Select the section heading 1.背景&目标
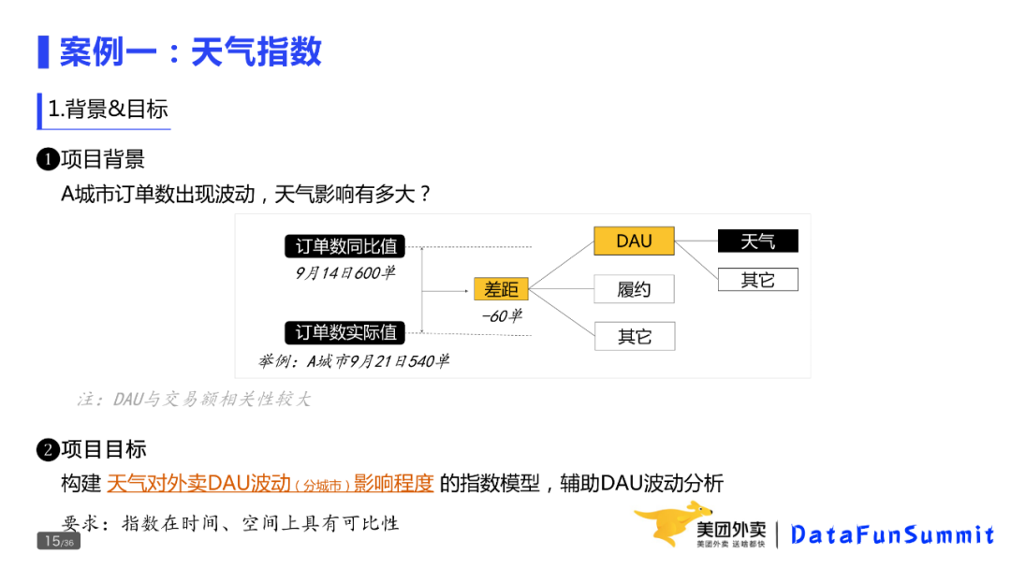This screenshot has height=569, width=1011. tap(108, 109)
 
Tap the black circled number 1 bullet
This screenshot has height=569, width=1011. tap(48, 160)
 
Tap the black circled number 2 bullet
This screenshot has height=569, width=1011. tap(48, 450)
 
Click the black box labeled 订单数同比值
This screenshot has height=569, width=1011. tap(346, 247)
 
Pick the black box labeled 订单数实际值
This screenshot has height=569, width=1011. tap(346, 332)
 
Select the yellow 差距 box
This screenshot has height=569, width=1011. tap(501, 289)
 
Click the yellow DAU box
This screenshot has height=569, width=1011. tap(634, 241)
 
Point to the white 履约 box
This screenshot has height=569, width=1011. tap(634, 289)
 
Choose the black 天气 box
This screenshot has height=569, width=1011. tap(757, 241)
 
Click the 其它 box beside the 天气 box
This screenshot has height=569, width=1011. tap(757, 279)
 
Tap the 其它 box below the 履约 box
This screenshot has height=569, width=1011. tap(634, 336)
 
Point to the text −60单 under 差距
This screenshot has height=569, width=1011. tap(502, 316)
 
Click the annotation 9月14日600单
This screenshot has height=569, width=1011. tap(344, 273)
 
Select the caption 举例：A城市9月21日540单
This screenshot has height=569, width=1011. tap(354, 361)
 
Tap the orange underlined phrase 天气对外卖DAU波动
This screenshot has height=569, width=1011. tap(199, 484)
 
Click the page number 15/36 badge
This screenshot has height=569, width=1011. tap(58, 541)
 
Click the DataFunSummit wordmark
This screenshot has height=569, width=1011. tap(892, 535)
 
